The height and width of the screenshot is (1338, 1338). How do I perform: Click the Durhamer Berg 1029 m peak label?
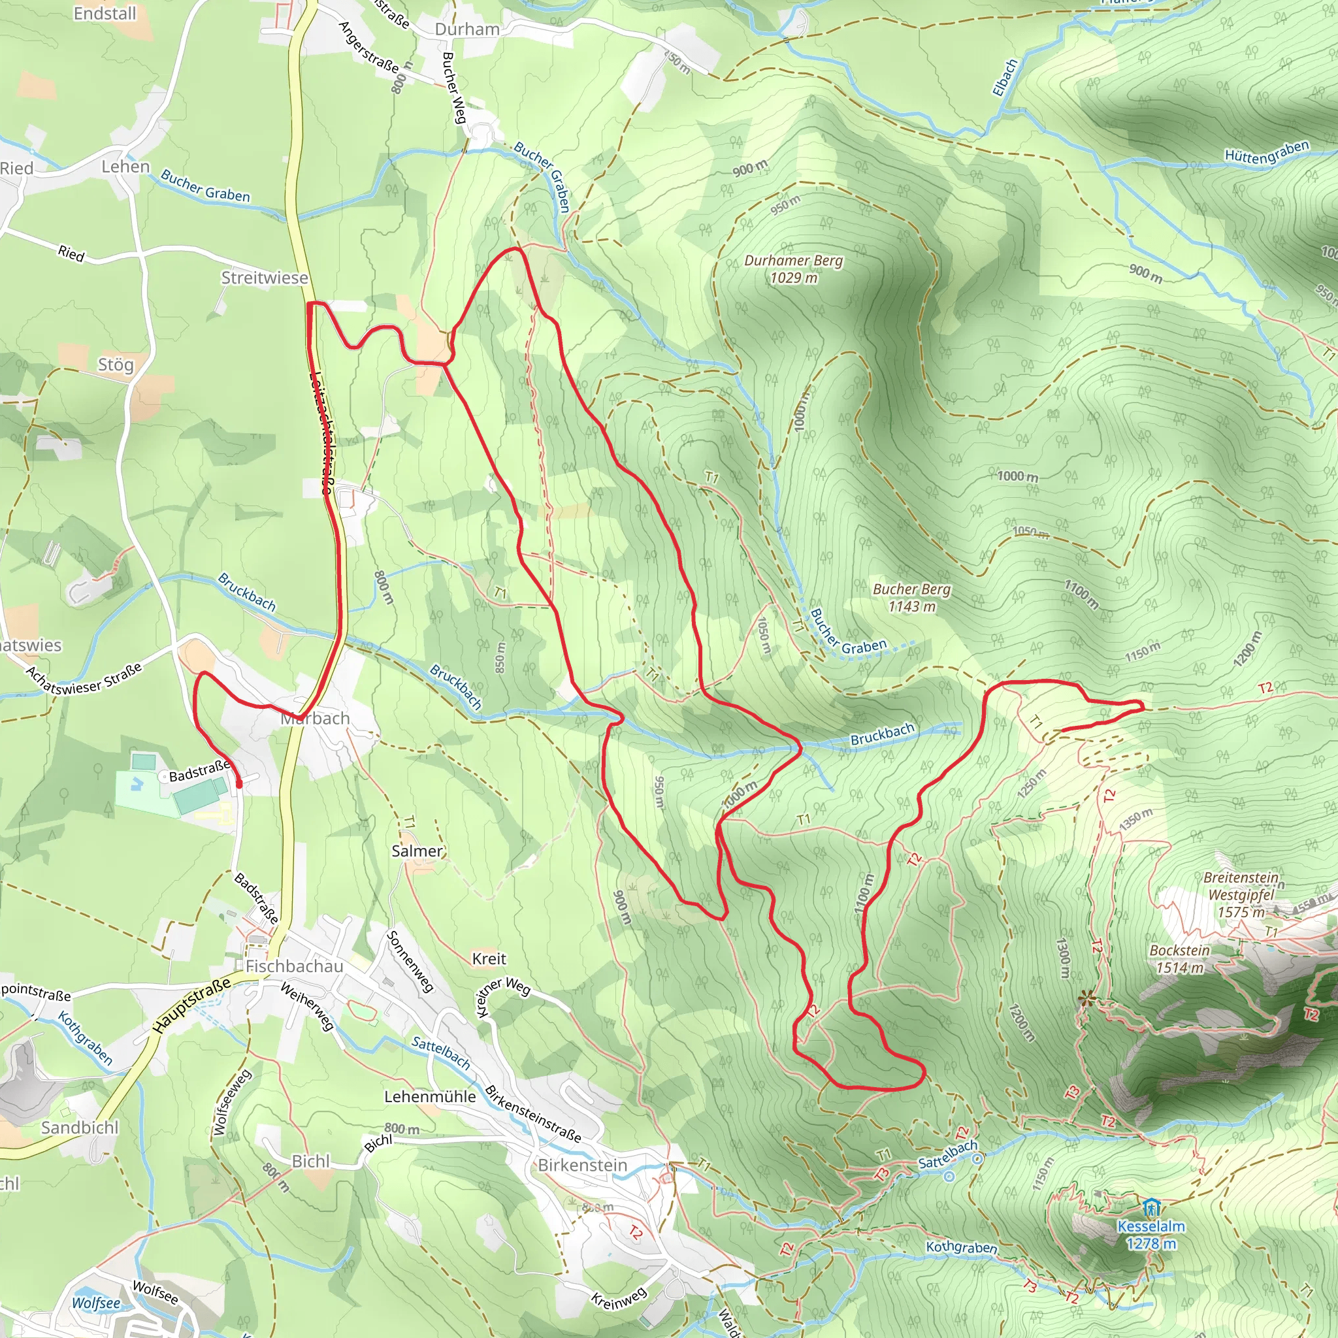(x=793, y=269)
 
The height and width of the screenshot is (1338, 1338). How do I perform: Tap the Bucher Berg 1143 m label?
(x=911, y=598)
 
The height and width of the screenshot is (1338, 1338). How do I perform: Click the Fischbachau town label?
(x=295, y=966)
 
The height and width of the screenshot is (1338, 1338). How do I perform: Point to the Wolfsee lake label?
(x=95, y=1303)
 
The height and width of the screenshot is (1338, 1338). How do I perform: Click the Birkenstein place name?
(x=582, y=1165)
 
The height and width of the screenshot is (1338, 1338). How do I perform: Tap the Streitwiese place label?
(x=265, y=278)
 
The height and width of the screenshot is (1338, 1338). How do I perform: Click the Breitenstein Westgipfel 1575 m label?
(x=1241, y=894)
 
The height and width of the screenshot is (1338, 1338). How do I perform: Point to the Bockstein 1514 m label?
(x=1179, y=958)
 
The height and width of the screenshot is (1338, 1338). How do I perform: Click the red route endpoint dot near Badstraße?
(x=239, y=785)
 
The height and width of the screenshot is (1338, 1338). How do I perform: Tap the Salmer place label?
(x=417, y=851)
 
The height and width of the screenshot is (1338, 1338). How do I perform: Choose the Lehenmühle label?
(x=430, y=1096)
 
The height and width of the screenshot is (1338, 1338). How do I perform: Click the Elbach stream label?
(x=1005, y=78)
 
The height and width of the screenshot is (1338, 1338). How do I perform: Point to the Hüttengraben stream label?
(x=1267, y=152)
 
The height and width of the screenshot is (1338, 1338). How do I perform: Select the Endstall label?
(x=105, y=13)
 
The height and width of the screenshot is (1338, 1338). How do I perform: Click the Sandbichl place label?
(x=80, y=1128)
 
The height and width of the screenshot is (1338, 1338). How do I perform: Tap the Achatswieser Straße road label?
(x=84, y=679)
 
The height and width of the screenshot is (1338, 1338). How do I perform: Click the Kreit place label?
(x=489, y=958)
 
